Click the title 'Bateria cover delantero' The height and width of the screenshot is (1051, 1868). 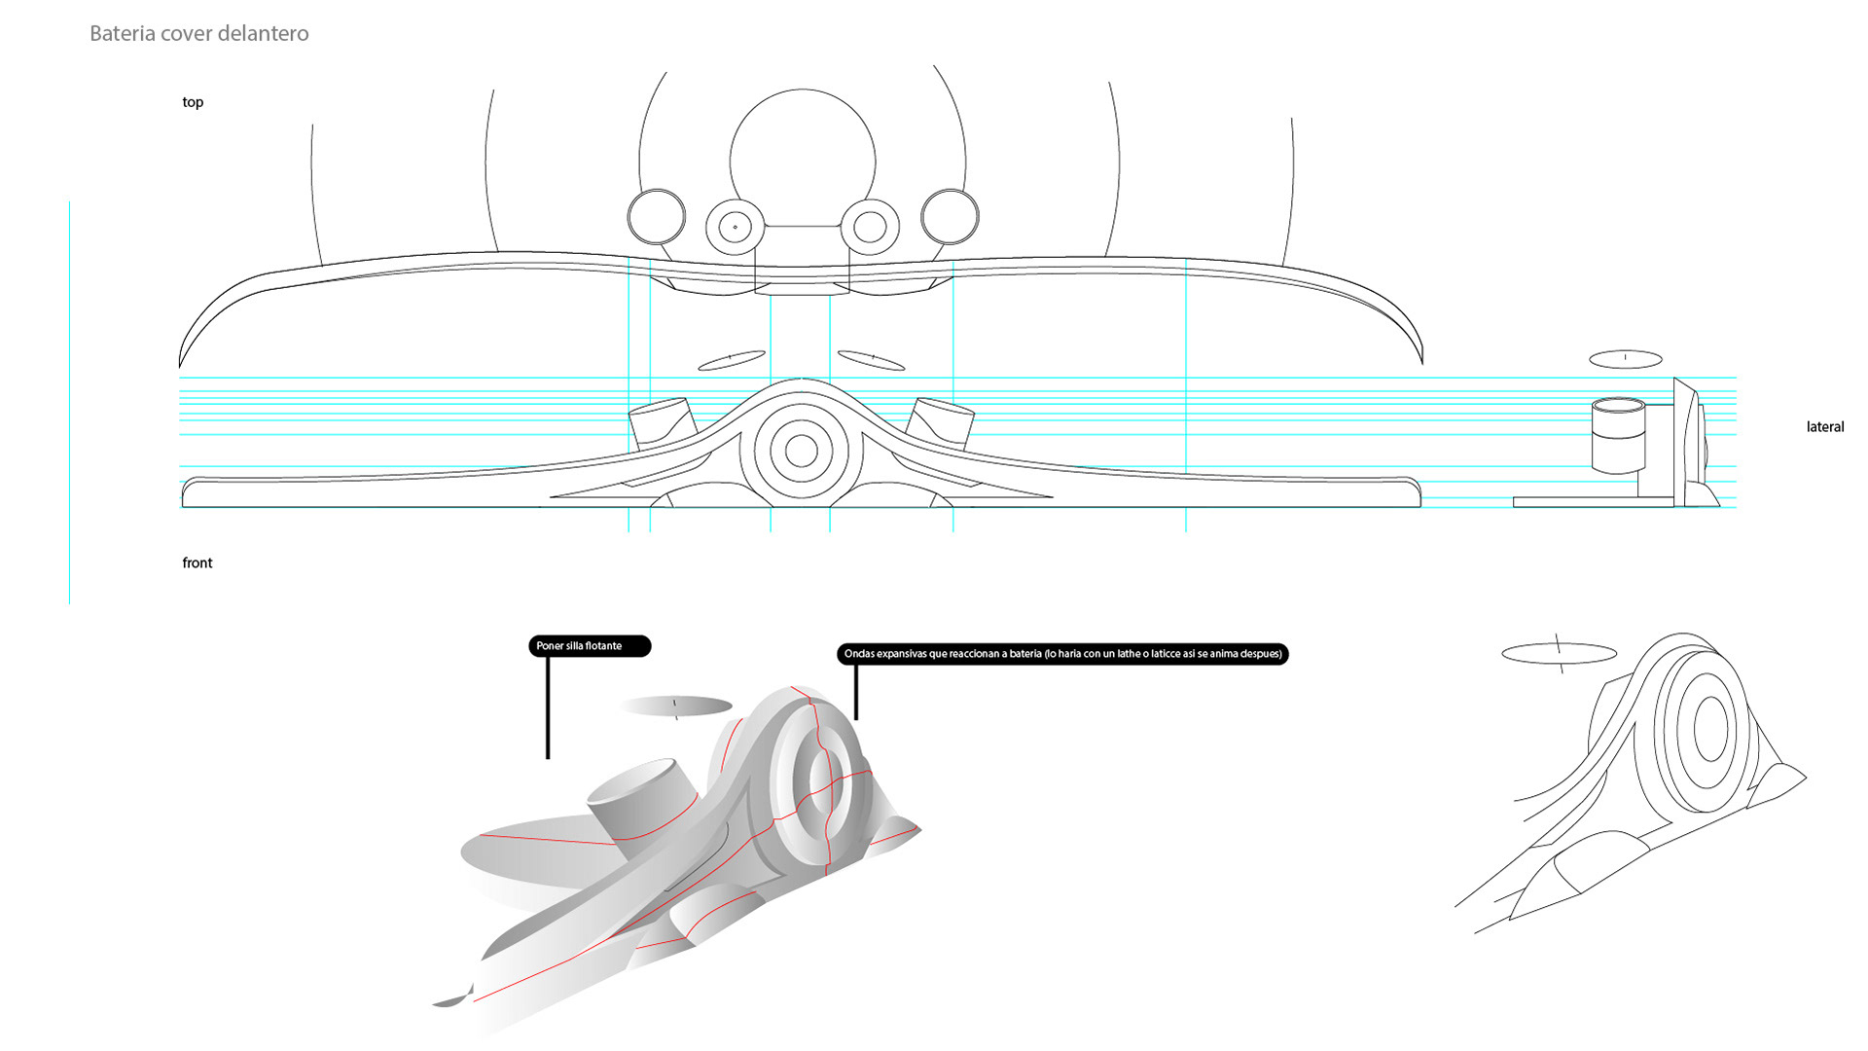pos(199,33)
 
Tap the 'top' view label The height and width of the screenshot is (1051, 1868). pos(193,102)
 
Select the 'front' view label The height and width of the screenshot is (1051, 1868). pos(197,562)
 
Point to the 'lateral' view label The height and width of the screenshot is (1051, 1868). pos(1824,426)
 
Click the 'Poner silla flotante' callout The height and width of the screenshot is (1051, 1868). pos(589,646)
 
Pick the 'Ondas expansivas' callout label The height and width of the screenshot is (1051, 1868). pos(1062,654)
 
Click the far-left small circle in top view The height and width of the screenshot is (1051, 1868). pos(657,216)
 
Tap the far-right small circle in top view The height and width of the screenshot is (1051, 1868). pos(950,216)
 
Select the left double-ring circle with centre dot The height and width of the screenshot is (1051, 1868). pos(735,227)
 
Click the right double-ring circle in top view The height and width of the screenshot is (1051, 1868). pos(870,227)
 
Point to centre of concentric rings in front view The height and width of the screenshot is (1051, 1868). pos(801,451)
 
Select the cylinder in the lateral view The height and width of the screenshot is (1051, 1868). pos(1618,435)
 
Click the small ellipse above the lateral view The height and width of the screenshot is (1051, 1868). pos(1625,359)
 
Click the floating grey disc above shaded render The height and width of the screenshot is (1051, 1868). pos(675,706)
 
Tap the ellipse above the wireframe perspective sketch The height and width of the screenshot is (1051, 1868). pos(1559,653)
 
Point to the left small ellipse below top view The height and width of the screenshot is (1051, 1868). pos(732,360)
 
